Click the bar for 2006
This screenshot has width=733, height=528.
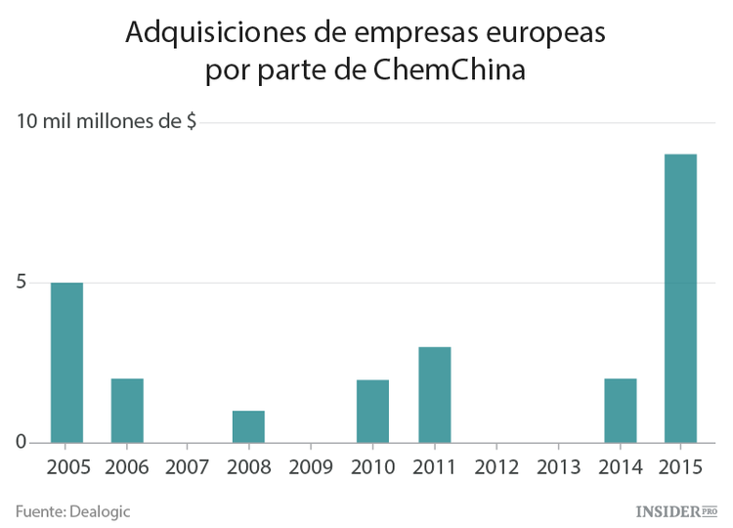pos(127,410)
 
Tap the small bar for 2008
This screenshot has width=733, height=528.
pos(248,426)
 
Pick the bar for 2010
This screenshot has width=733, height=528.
pos(372,411)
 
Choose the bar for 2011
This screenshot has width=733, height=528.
pos(434,394)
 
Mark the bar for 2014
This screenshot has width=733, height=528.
pos(620,410)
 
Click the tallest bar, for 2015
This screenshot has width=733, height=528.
pos(680,298)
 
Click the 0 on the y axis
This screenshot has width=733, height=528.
pos(21,443)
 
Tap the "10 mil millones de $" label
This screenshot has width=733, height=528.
pos(106,122)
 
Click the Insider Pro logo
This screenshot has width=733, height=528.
pos(676,510)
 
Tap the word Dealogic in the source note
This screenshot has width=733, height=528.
pos(99,510)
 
